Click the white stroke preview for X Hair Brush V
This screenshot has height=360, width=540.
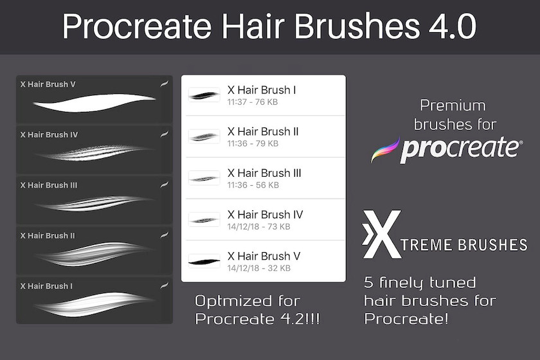click(93, 104)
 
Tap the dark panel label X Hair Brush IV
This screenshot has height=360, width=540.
click(49, 135)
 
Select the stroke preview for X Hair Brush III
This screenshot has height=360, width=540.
click(94, 203)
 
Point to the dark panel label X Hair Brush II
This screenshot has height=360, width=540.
click(48, 236)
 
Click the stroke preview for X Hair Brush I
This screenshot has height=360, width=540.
click(94, 304)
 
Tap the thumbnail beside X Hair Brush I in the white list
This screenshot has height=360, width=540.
click(204, 95)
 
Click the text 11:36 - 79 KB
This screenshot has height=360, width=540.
click(253, 143)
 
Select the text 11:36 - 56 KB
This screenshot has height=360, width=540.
click(253, 185)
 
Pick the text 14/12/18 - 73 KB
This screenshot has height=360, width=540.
click(258, 227)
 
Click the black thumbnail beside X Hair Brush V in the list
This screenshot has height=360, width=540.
click(204, 262)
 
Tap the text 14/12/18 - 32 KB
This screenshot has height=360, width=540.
click(258, 268)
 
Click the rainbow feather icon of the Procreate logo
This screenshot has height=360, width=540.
click(385, 150)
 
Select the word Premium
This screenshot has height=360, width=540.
click(453, 105)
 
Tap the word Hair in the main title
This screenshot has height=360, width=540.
click(253, 26)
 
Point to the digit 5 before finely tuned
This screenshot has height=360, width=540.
click(368, 282)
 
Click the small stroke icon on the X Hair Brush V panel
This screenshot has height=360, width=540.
click(165, 84)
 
